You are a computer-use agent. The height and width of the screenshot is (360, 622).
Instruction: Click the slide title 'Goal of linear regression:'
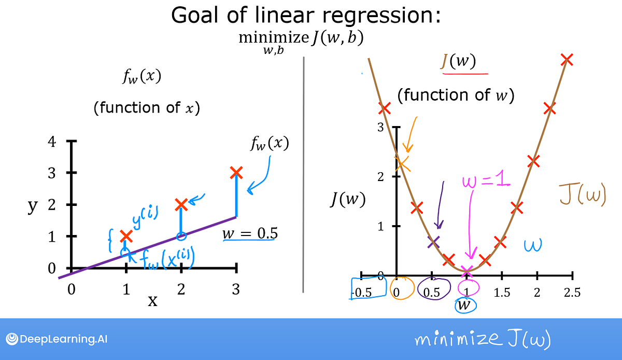tap(306, 16)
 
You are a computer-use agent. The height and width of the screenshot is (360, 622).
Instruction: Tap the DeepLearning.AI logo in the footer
tap(57, 339)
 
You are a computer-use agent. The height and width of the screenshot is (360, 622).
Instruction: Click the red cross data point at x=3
tap(236, 172)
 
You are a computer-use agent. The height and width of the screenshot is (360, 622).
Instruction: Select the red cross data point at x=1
tap(126, 237)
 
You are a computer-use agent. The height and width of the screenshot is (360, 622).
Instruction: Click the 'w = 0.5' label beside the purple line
tap(250, 234)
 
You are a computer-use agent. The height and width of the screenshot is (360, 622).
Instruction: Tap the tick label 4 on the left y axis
tap(52, 141)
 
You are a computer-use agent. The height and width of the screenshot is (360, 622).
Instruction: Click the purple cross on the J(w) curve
tap(434, 242)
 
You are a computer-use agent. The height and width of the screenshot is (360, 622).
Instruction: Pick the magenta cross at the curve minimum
tap(468, 271)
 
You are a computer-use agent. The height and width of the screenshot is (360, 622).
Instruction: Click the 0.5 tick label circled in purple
tap(431, 293)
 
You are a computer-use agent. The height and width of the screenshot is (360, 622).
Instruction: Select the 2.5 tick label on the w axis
tap(572, 293)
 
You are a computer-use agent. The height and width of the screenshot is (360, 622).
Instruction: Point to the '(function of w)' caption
tap(456, 95)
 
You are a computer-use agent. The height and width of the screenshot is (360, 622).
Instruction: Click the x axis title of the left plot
tap(153, 301)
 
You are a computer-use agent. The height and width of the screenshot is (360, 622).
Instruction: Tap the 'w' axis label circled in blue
tap(465, 305)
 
